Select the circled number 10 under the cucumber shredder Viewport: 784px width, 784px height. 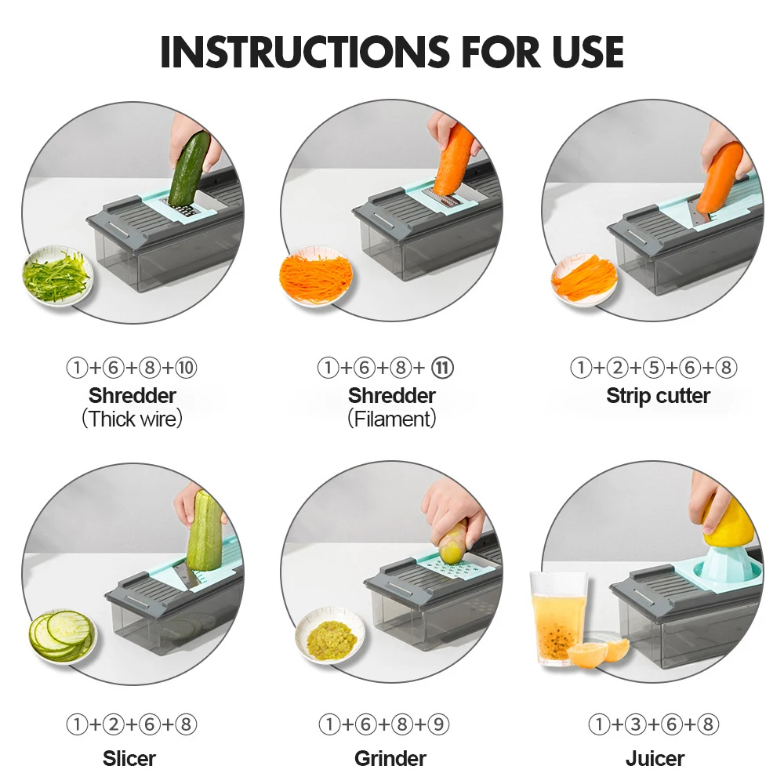pyautogui.click(x=186, y=368)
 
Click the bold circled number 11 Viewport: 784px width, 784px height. pyautogui.click(x=442, y=368)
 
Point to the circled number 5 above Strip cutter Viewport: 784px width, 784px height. pyautogui.click(x=654, y=368)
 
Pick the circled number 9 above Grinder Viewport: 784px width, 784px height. pyautogui.click(x=438, y=724)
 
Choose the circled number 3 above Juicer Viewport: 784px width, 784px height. pyautogui.click(x=636, y=724)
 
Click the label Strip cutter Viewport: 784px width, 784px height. pyautogui.click(x=658, y=395)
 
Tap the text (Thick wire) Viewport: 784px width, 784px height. pyautogui.click(x=132, y=419)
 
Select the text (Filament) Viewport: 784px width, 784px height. pyautogui.click(x=392, y=419)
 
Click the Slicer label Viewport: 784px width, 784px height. pyautogui.click(x=129, y=758)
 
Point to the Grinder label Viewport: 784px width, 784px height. pyautogui.click(x=390, y=758)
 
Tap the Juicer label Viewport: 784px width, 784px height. pyautogui.click(x=655, y=758)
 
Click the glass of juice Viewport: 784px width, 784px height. pyautogui.click(x=558, y=619)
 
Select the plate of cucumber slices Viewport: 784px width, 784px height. pyautogui.click(x=63, y=635)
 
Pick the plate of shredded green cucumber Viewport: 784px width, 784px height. pyautogui.click(x=57, y=276)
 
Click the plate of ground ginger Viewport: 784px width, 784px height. pyautogui.click(x=331, y=635)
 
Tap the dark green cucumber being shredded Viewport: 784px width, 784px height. pyautogui.click(x=188, y=169)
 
